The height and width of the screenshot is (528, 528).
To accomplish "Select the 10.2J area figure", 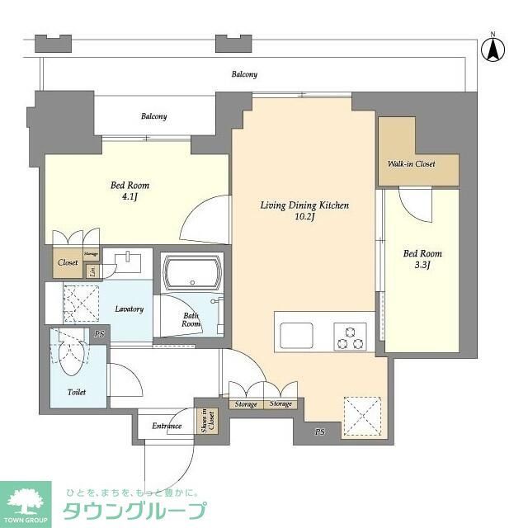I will tap(306, 219).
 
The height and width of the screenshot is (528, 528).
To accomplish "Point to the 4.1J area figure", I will tap(130, 198).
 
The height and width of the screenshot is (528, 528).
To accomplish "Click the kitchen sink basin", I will tap(297, 336).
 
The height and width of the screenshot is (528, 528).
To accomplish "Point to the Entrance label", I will tap(167, 426).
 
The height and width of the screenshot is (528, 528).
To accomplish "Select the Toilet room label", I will tap(77, 392).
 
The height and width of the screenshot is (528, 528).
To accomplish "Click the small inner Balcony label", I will tap(153, 116).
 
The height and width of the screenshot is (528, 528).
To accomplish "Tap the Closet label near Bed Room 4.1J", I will tap(67, 263).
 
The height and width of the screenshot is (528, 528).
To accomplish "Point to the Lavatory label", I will tap(130, 309).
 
